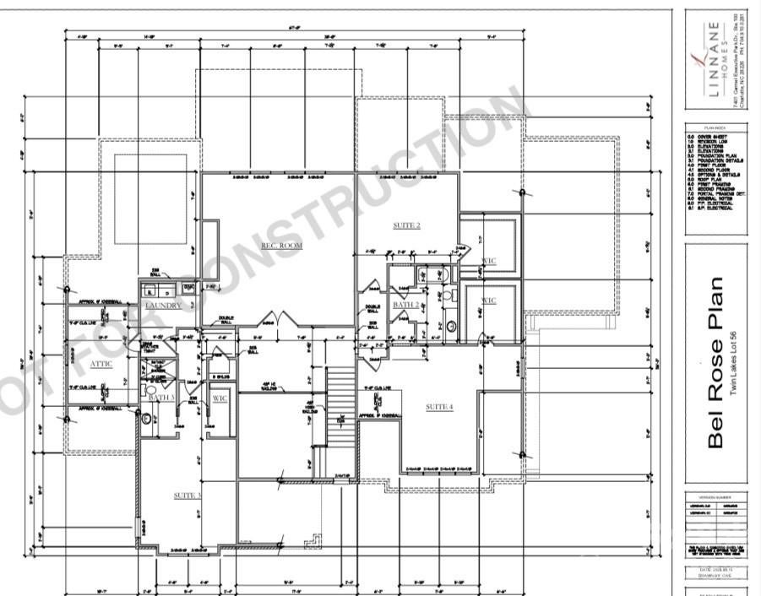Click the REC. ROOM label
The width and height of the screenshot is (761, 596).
280,246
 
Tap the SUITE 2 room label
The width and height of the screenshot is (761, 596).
406,225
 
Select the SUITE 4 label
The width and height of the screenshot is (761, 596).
438,407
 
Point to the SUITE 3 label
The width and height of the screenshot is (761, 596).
187,496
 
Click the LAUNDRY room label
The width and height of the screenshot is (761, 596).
164,306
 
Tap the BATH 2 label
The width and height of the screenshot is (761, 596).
406,304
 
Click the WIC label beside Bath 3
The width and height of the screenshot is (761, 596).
220,398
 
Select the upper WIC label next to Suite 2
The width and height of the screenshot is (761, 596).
488,261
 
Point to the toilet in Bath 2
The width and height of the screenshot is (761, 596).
450,326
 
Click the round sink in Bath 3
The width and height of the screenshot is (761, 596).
146,418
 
